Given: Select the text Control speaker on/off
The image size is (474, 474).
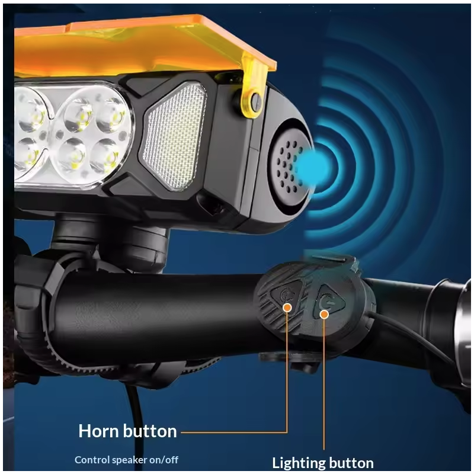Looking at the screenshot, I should pyautogui.click(x=126, y=459).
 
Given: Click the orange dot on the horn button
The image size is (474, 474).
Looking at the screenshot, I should pyautogui.click(x=287, y=307).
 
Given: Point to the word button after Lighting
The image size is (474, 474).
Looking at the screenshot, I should pyautogui.click(x=352, y=463).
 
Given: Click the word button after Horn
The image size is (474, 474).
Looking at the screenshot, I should pyautogui.click(x=152, y=431).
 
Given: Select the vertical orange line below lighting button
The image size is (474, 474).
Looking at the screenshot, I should pyautogui.click(x=325, y=385).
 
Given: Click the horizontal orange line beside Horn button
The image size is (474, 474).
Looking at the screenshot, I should pyautogui.click(x=231, y=432).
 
